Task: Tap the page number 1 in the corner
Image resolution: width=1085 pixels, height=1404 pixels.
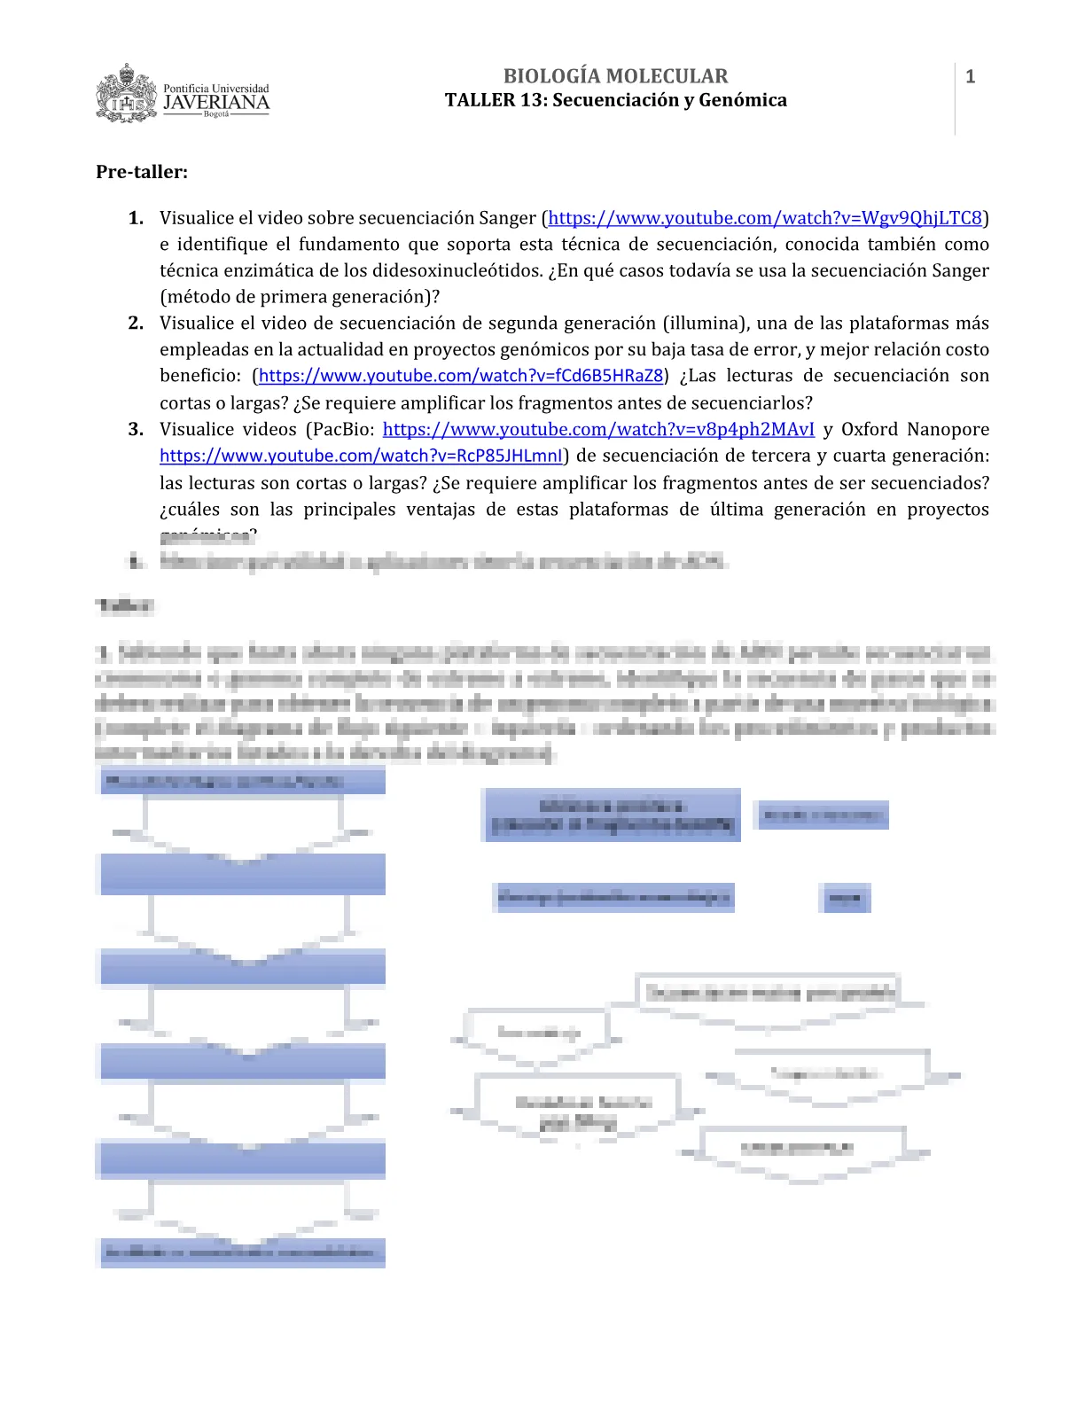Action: [970, 77]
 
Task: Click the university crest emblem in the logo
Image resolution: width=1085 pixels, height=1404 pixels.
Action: [127, 93]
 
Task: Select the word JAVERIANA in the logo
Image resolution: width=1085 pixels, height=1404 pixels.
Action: [216, 103]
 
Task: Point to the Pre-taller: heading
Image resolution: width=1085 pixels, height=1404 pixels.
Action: [142, 172]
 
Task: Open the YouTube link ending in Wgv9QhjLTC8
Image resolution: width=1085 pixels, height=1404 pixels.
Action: [765, 218]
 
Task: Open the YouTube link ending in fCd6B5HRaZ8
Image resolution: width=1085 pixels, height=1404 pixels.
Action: [461, 376]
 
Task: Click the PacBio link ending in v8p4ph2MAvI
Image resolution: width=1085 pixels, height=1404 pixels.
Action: [598, 430]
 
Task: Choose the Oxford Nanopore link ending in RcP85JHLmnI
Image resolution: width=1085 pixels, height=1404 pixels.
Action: [361, 456]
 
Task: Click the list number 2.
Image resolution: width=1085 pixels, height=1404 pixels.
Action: [136, 324]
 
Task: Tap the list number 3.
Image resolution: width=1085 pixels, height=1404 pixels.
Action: [136, 430]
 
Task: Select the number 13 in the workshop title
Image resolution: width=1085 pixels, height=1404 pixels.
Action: [531, 100]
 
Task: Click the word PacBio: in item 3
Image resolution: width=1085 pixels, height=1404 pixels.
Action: [340, 430]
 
